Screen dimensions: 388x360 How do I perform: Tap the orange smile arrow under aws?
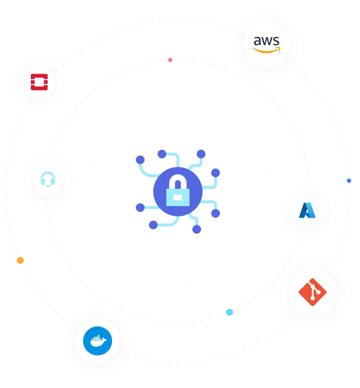[267, 49]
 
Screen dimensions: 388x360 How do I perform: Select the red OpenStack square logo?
[39, 82]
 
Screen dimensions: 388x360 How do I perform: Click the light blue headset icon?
[47, 179]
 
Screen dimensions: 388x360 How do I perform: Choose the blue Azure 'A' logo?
[307, 211]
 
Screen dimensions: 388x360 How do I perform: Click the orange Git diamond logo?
[312, 292]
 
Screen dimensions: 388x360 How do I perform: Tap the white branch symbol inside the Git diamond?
[313, 292]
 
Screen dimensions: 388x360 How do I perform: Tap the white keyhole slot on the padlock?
[178, 197]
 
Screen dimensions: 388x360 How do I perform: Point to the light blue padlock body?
[178, 196]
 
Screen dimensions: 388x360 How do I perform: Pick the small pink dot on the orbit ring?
[170, 60]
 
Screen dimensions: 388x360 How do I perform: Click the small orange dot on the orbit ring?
[20, 260]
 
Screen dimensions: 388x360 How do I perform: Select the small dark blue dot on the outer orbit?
[349, 180]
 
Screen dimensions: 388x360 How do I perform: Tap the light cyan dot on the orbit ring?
[229, 312]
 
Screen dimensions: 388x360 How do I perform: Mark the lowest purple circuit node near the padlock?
[197, 229]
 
